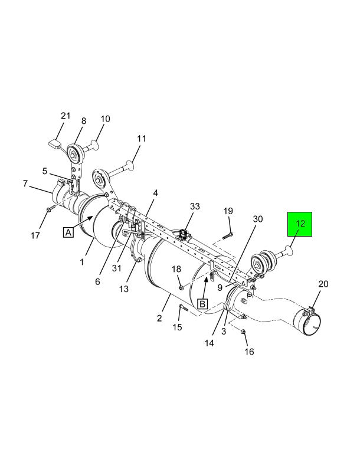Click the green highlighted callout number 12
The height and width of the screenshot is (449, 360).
300,224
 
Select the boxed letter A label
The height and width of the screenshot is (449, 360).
68,232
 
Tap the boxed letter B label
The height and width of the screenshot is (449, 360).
202,303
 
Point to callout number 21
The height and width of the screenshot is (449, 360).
66,116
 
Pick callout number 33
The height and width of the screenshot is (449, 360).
195,206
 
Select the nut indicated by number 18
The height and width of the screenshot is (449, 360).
181,287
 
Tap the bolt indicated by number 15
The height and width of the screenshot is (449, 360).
182,308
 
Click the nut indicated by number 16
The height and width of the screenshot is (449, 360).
243,332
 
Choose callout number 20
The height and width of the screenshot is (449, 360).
323,284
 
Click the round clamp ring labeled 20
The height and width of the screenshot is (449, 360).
309,322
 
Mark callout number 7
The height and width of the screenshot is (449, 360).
25,183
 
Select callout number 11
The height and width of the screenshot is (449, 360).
142,139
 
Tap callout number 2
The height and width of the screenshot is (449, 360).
159,318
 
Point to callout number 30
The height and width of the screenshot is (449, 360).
258,219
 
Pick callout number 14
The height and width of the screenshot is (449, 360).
209,343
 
